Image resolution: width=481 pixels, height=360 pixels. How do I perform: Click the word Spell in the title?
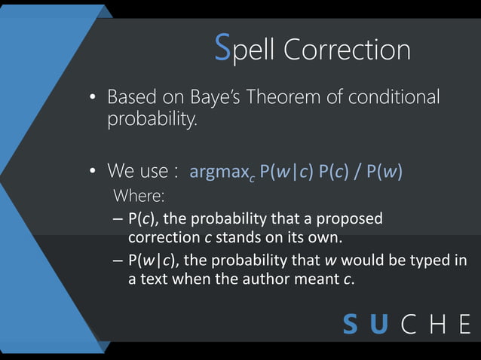pyautogui.click(x=245, y=50)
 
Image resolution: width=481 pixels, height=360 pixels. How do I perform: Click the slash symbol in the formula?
pyautogui.click(x=356, y=172)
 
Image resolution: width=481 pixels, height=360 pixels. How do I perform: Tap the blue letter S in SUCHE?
pyautogui.click(x=351, y=325)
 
